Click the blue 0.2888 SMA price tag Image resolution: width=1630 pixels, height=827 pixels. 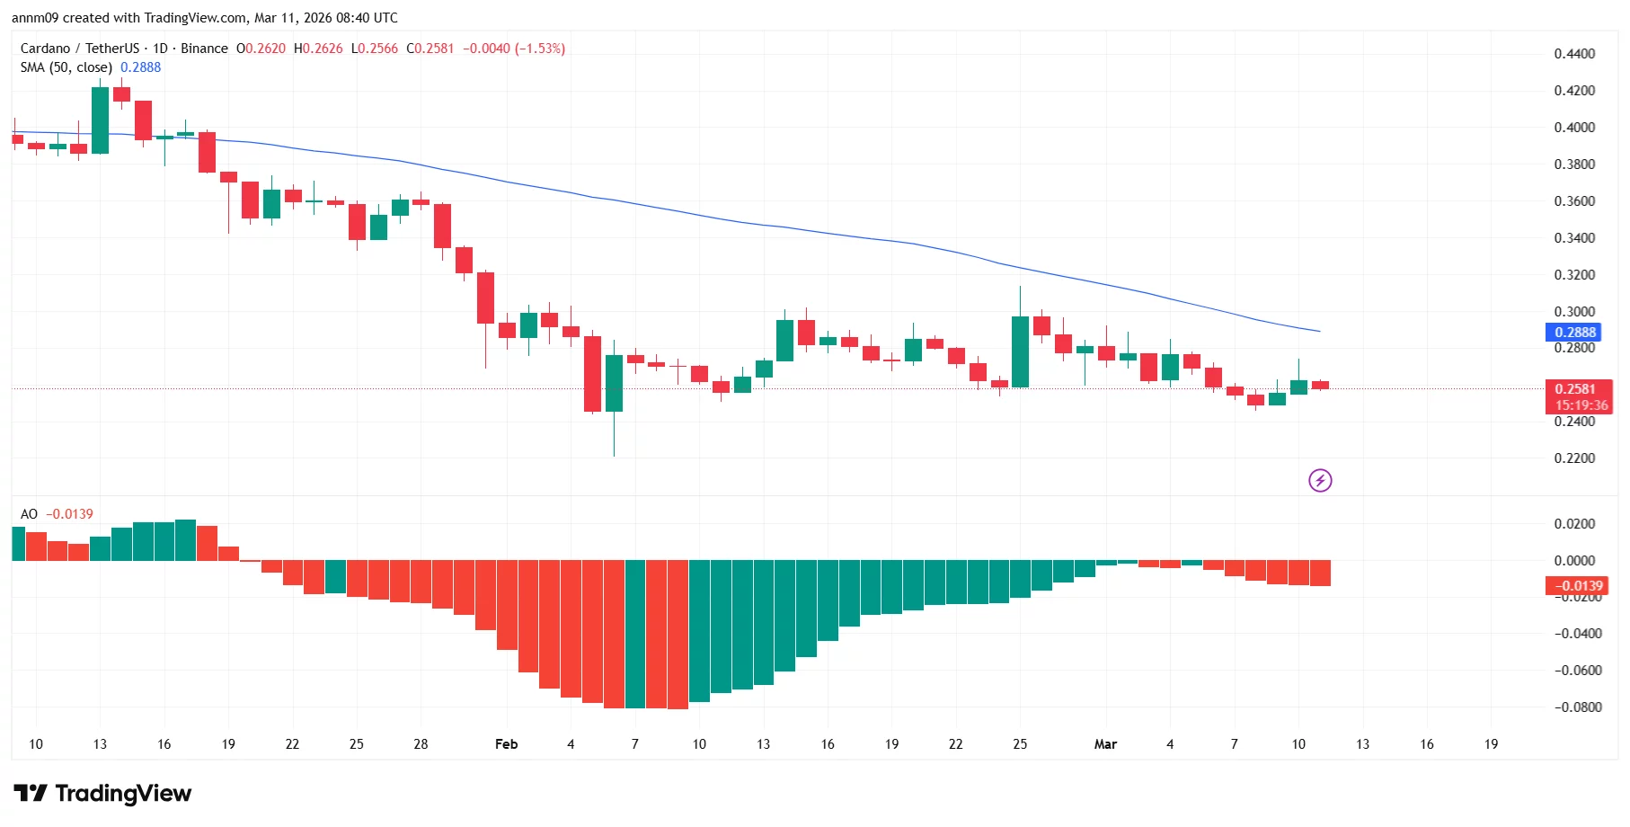(x=1575, y=332)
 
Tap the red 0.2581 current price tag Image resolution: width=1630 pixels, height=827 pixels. (x=1575, y=389)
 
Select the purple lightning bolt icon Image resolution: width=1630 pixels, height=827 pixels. (x=1320, y=481)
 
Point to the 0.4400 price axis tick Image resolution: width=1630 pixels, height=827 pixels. (x=1574, y=54)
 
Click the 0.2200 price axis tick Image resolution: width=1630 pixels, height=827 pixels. (x=1574, y=458)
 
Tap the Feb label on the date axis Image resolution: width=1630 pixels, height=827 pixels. (x=506, y=744)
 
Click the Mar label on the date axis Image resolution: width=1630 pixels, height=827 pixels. (x=1105, y=744)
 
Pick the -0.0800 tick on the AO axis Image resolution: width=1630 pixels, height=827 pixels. (x=1578, y=707)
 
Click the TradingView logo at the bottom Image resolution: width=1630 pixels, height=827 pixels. (x=102, y=794)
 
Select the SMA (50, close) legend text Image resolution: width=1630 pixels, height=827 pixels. (x=66, y=67)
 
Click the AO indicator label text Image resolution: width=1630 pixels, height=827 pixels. (x=29, y=514)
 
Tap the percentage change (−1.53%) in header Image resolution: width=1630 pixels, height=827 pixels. (x=540, y=49)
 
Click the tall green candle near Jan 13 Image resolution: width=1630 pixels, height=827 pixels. (x=100, y=120)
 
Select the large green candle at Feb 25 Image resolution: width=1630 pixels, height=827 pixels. (x=1020, y=351)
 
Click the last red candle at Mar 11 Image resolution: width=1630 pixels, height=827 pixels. (x=1320, y=385)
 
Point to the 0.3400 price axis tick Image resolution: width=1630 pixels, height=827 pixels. (x=1574, y=238)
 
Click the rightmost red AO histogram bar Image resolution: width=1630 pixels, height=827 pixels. (x=1320, y=573)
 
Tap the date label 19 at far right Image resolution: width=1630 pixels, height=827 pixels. (x=1491, y=744)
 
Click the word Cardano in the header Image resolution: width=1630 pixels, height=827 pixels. (x=45, y=49)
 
